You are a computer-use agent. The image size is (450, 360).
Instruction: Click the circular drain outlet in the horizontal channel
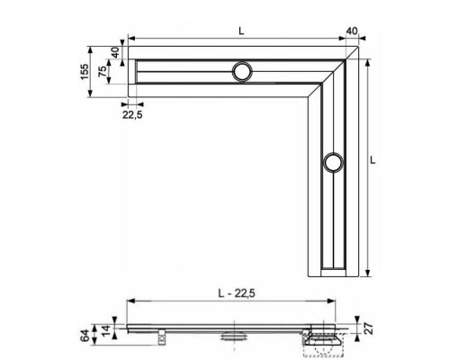tap(242, 72)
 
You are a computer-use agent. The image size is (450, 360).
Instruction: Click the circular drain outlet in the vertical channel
tap(333, 163)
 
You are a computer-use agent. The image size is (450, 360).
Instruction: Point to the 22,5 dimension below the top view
tap(132, 113)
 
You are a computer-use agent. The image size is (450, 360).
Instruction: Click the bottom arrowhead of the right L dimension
tap(370, 274)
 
